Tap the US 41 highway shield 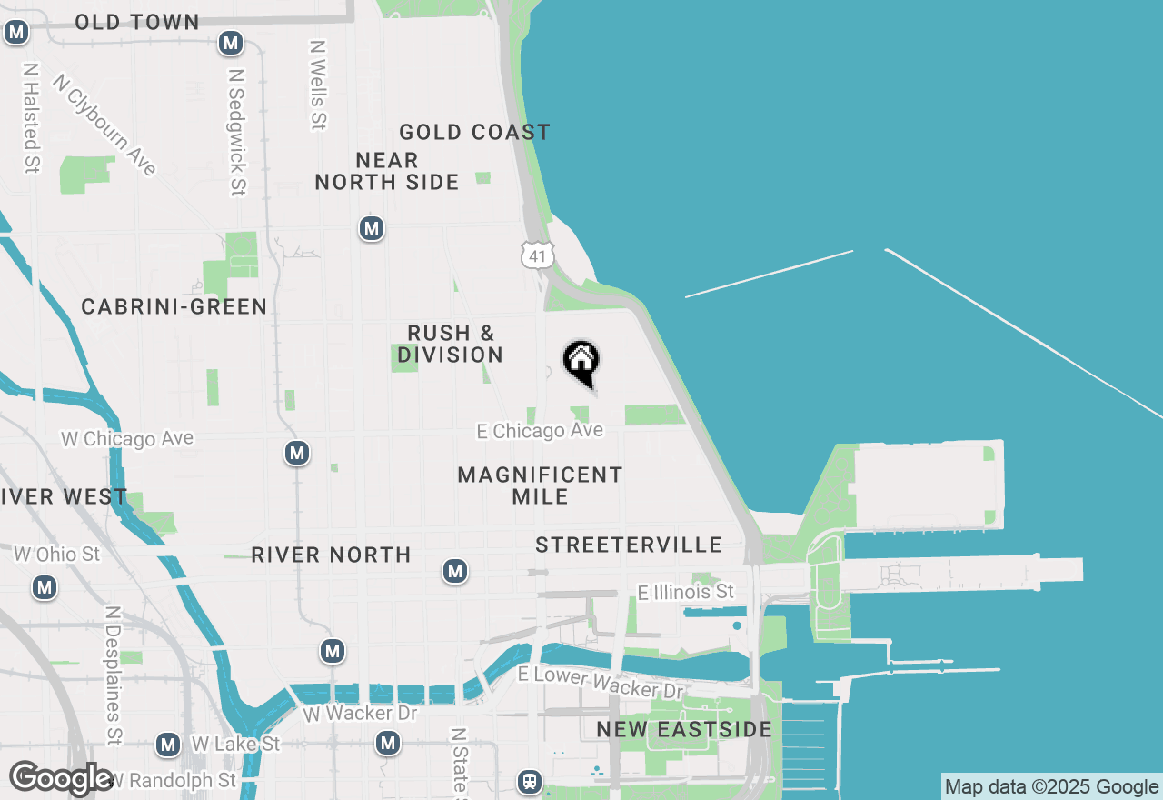[x=537, y=255]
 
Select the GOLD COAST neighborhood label [x=474, y=133]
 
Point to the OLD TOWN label [x=136, y=22]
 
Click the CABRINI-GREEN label [x=174, y=307]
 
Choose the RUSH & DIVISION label [x=450, y=344]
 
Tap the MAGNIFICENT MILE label [x=540, y=485]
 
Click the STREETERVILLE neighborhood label [x=629, y=545]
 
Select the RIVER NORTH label [x=331, y=555]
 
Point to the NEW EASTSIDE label [x=684, y=729]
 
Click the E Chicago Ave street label [x=541, y=431]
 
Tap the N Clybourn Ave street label [x=104, y=125]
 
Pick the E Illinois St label [x=685, y=593]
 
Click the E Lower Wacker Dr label [x=600, y=682]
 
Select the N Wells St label [x=317, y=84]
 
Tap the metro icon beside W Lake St [x=167, y=745]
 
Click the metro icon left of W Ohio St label [x=45, y=587]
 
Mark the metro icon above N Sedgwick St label [x=231, y=43]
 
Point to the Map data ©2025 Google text [x=1052, y=787]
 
